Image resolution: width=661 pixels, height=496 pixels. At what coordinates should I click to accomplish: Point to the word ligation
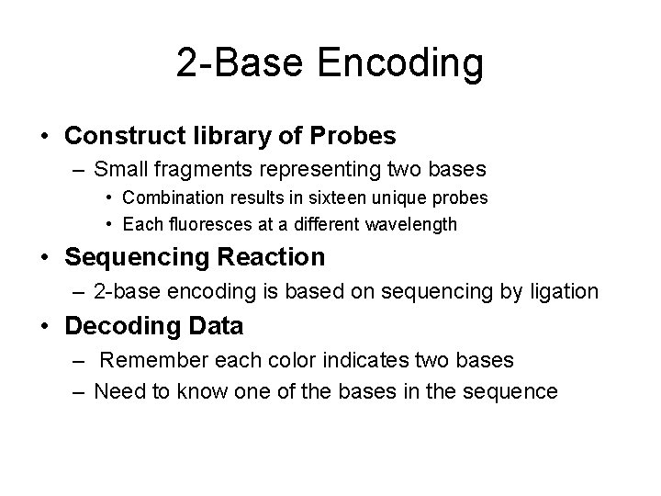566,291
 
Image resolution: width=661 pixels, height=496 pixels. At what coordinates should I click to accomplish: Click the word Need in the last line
117,391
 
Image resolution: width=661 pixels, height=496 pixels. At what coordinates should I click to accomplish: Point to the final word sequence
510,391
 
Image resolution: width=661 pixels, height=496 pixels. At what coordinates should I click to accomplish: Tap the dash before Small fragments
80,170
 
